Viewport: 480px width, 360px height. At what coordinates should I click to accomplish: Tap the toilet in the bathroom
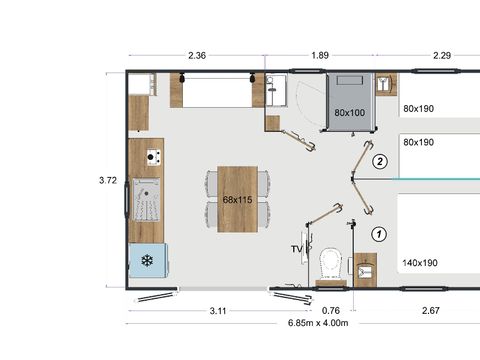coord(325,264)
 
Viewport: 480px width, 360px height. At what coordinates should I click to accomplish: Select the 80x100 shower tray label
coord(350,112)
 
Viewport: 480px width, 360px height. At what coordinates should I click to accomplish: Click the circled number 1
coord(378,233)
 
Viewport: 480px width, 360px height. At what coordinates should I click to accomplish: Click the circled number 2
coord(379,161)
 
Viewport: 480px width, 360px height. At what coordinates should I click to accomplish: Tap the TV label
coord(296,248)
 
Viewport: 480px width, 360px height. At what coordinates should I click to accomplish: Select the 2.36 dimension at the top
coord(197,56)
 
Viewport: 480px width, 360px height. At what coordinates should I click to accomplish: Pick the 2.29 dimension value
coord(443,56)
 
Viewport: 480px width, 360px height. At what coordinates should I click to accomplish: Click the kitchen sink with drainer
coord(147,204)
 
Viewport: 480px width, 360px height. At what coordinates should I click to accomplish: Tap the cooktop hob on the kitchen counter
coord(153,156)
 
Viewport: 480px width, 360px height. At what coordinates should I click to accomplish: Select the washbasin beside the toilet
coord(365,267)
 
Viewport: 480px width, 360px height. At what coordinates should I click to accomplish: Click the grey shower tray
coord(350,100)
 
